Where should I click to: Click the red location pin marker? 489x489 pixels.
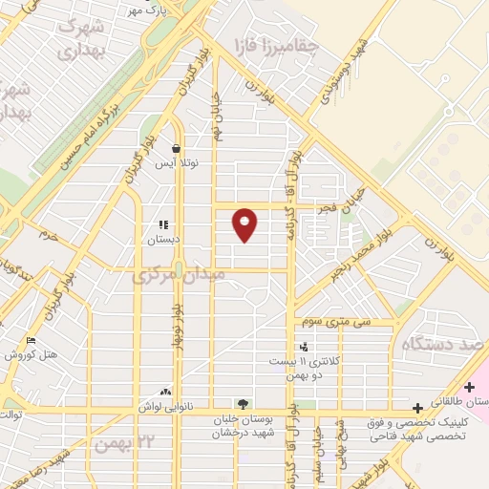[x=245, y=223]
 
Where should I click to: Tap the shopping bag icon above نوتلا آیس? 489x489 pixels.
[x=177, y=148]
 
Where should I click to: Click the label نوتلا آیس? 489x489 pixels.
[x=177, y=162]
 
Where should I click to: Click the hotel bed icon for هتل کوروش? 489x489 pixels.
[x=32, y=340]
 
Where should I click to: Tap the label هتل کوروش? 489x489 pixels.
[x=32, y=354]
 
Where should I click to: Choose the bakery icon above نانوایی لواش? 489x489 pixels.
[x=166, y=392]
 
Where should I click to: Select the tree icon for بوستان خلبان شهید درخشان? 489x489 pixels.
[x=243, y=405]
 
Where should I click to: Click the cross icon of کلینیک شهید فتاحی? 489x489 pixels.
[x=418, y=408]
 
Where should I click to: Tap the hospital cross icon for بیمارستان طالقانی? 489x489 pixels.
[x=468, y=387]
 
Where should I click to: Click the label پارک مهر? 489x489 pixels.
[x=148, y=11]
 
